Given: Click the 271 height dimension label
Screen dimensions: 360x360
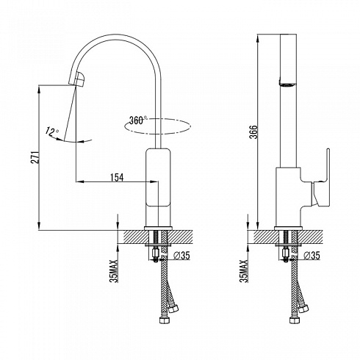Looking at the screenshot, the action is click(35, 157).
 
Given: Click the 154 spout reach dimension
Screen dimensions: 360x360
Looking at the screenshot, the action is click(117, 178).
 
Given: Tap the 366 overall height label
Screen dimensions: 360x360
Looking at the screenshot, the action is click(254, 132).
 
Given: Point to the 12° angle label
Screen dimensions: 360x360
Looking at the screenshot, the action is click(52, 132).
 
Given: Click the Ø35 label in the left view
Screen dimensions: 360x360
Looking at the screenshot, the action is click(181, 256).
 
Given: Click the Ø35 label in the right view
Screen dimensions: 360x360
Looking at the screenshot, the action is click(312, 256).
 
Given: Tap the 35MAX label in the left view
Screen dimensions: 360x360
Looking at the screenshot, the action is click(115, 271).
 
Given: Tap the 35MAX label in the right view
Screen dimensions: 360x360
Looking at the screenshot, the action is click(244, 271).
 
